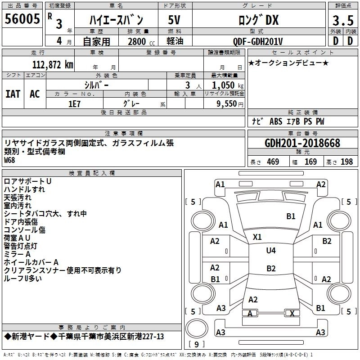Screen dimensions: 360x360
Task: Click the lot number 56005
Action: (x=22, y=19)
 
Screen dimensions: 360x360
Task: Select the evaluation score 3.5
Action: (x=343, y=21)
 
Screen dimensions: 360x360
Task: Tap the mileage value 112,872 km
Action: (x=53, y=65)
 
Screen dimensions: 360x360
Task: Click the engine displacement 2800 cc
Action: (x=141, y=41)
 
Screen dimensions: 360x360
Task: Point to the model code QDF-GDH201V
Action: (x=257, y=41)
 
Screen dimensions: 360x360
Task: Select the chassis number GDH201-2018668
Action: (x=302, y=143)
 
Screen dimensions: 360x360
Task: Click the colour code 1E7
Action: (x=74, y=104)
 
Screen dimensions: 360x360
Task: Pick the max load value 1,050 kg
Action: (x=228, y=85)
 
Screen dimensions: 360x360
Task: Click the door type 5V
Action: (x=174, y=20)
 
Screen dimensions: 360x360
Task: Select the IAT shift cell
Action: (x=13, y=94)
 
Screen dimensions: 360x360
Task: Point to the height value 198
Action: (x=346, y=162)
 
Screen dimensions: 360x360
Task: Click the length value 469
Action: (x=273, y=162)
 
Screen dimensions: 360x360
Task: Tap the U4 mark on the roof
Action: (x=271, y=250)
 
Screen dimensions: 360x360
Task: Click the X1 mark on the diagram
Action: (x=257, y=237)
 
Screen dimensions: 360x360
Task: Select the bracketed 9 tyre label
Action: (x=197, y=344)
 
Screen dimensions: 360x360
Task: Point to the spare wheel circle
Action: (x=197, y=328)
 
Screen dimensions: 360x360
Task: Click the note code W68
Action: (x=9, y=160)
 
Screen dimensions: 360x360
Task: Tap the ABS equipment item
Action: (x=276, y=121)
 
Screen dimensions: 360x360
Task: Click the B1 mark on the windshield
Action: (x=291, y=216)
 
